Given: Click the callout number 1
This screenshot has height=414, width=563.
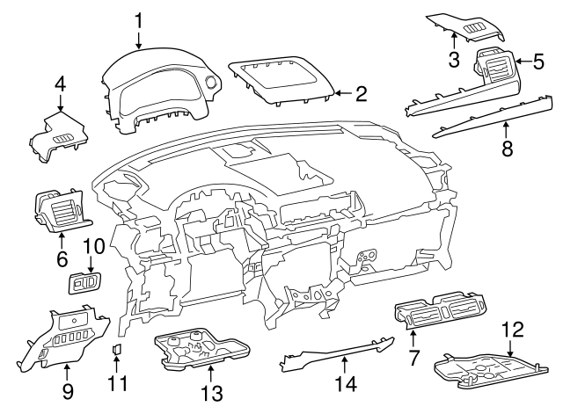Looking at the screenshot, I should (138, 18).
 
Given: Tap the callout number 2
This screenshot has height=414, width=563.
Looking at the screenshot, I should (360, 92).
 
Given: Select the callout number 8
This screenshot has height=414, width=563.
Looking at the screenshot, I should (507, 149).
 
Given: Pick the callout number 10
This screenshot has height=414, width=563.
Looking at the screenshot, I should (93, 247).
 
